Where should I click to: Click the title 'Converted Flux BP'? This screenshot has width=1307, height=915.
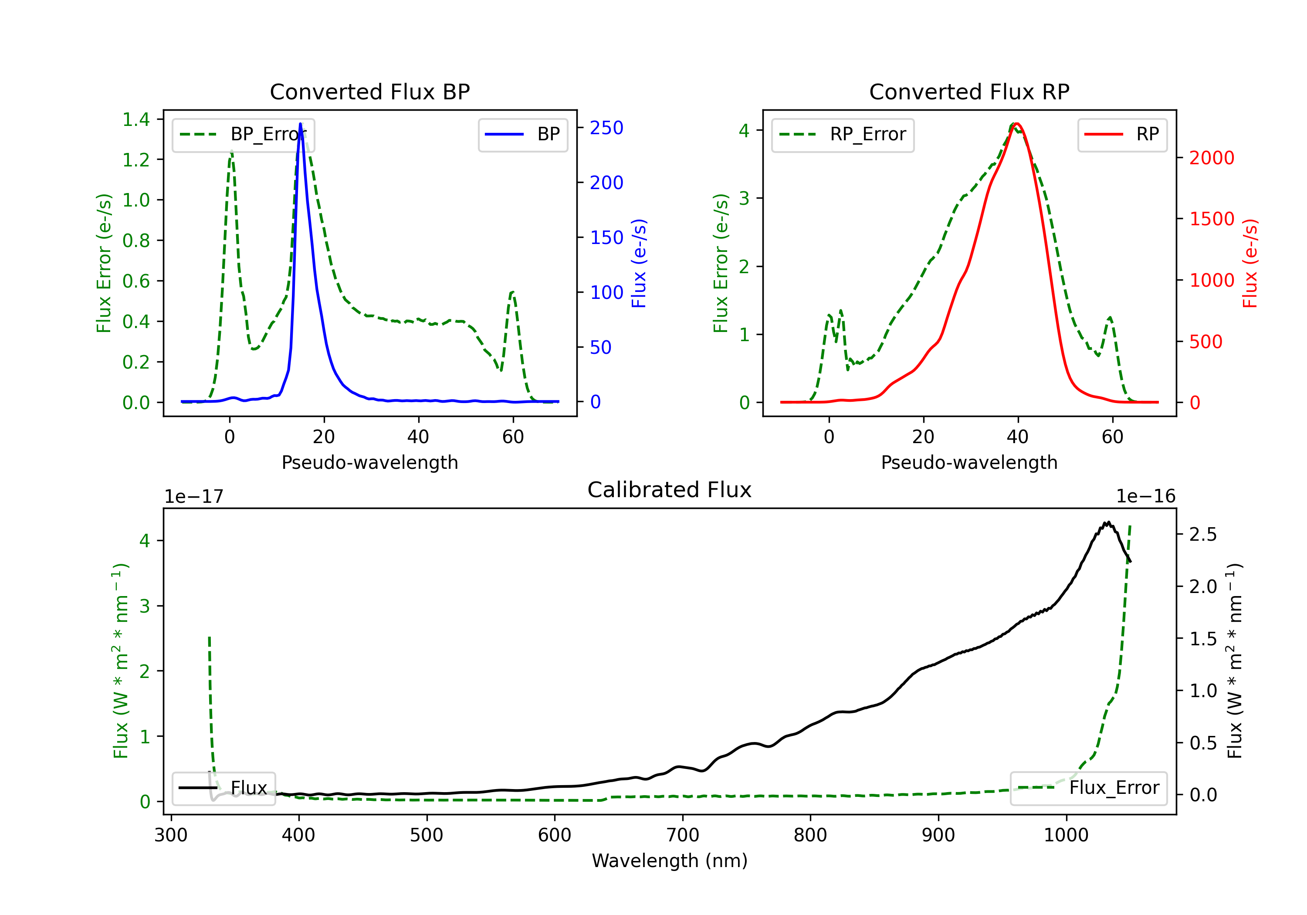click(369, 91)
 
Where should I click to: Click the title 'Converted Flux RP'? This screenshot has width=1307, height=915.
click(969, 91)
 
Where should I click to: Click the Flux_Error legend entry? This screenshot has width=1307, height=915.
click(1088, 788)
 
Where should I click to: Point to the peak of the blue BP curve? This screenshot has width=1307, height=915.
click(300, 124)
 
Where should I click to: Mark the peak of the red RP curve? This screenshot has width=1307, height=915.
click(1017, 124)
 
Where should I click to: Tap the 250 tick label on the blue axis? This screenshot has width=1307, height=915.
click(606, 128)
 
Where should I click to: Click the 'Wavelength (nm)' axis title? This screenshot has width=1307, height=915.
click(670, 861)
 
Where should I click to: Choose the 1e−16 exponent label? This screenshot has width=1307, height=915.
click(1145, 497)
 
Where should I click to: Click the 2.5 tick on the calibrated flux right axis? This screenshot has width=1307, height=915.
click(1203, 535)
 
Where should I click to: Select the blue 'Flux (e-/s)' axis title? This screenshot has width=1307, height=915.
click(639, 263)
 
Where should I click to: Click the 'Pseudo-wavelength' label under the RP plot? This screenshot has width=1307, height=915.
click(969, 462)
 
